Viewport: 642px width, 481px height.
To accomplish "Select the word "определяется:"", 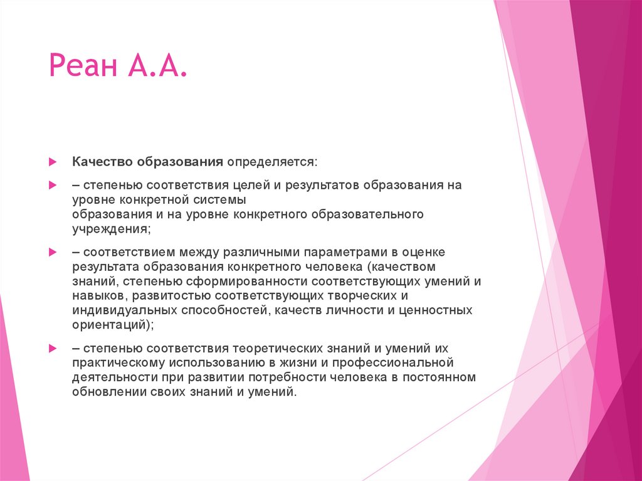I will tap(272, 162).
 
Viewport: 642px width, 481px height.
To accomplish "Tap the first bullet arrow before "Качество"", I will tap(54, 162).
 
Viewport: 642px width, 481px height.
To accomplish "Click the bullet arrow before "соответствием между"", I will tap(54, 252).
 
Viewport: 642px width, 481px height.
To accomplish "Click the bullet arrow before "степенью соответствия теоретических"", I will tap(54, 348).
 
